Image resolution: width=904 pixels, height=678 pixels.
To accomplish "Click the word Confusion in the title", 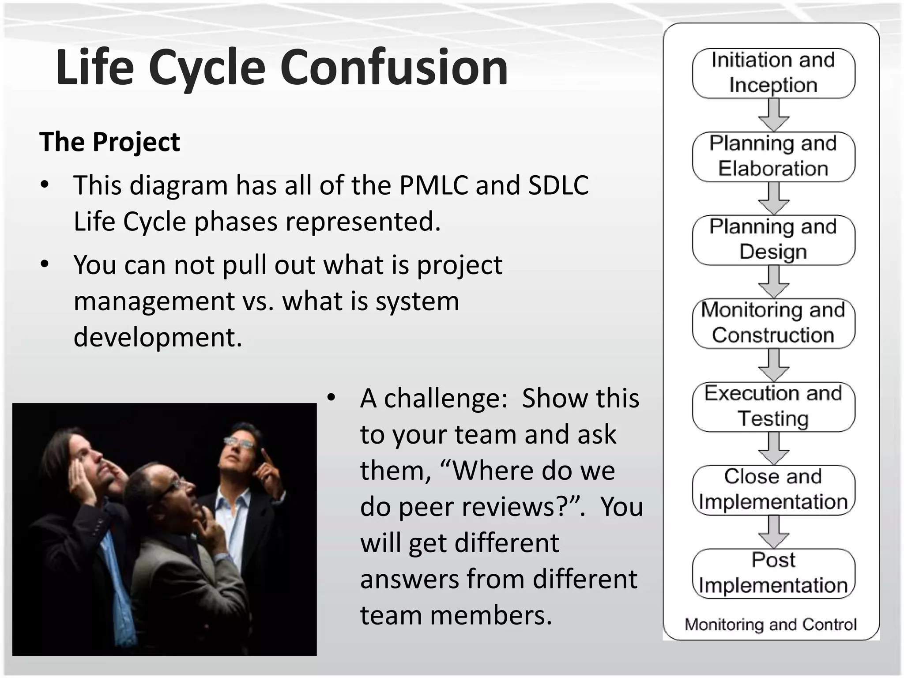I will pyautogui.click(x=394, y=67).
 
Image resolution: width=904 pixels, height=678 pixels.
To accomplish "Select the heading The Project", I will pyautogui.click(x=109, y=142).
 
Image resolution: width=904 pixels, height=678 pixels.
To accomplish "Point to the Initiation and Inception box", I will pyautogui.click(x=773, y=73).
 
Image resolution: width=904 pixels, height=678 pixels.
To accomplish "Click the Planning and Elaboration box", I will pyautogui.click(x=773, y=156).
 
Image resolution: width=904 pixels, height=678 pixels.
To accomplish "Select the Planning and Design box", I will pyautogui.click(x=773, y=240).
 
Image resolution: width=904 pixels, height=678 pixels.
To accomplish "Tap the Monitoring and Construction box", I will pyautogui.click(x=773, y=323).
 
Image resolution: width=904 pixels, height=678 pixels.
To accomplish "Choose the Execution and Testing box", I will pyautogui.click(x=773, y=407).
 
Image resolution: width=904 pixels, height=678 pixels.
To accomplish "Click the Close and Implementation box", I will pyautogui.click(x=773, y=490).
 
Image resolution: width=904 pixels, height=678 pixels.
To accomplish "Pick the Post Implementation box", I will pyautogui.click(x=773, y=573).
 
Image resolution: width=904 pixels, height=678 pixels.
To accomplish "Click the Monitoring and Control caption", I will pyautogui.click(x=770, y=625).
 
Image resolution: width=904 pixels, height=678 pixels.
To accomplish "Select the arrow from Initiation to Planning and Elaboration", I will pyautogui.click(x=773, y=115).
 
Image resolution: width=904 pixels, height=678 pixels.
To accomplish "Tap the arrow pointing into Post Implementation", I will pyautogui.click(x=773, y=532).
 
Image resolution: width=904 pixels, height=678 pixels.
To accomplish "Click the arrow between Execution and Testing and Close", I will pyautogui.click(x=773, y=448).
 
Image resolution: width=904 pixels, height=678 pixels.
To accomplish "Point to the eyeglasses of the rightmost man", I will pyautogui.click(x=239, y=442).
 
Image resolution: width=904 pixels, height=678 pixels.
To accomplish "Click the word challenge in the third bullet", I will pyautogui.click(x=445, y=398).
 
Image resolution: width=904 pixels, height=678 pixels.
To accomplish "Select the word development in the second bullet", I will pyautogui.click(x=158, y=337).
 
